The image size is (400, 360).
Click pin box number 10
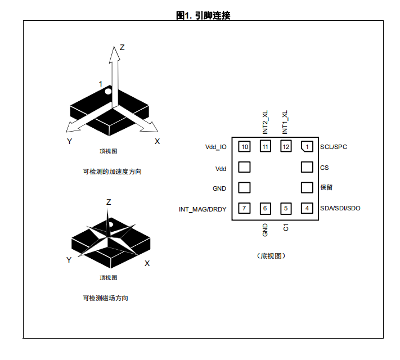[244, 146]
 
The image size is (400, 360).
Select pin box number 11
[265, 146]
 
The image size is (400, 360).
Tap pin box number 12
[286, 146]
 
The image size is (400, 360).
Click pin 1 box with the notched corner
[307, 147]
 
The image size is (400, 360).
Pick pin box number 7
[244, 208]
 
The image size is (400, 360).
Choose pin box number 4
[307, 208]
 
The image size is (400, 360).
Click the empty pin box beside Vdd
[244, 167]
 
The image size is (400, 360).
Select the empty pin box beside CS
[307, 167]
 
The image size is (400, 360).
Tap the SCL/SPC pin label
[334, 147]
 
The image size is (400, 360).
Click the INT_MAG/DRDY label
[203, 209]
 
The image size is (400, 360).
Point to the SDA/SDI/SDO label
[340, 208]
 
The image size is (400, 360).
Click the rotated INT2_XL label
[265, 122]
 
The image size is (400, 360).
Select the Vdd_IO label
[216, 147]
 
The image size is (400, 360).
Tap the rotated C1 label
[286, 227]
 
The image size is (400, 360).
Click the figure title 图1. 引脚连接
[203, 16]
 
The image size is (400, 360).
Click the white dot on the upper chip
[108, 91]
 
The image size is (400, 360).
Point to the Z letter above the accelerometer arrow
[122, 47]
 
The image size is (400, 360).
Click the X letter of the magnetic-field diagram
[147, 263]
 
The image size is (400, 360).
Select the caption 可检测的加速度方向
[113, 172]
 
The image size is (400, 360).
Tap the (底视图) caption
[271, 255]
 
